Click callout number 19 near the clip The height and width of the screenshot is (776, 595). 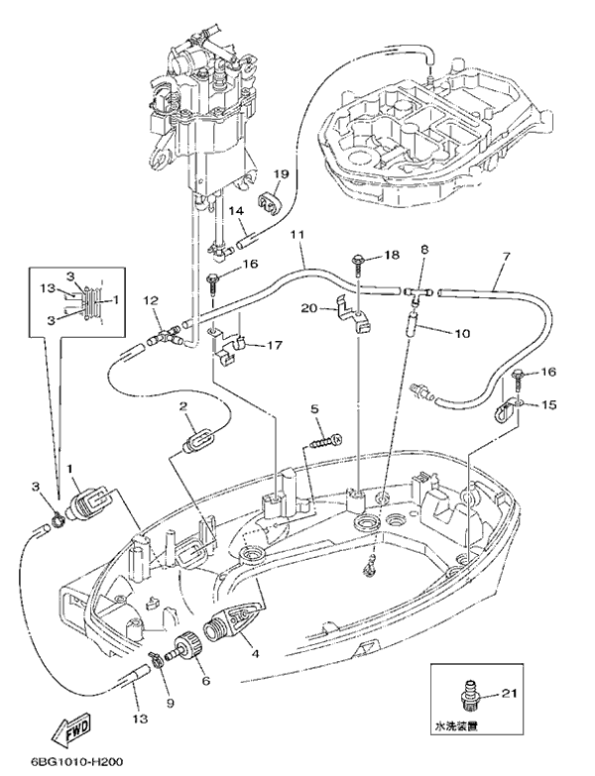(281, 174)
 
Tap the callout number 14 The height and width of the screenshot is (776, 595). (236, 210)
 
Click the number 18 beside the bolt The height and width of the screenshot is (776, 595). (392, 256)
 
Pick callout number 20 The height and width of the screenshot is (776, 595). (308, 308)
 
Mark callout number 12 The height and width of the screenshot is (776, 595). (151, 300)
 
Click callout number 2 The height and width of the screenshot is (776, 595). (183, 406)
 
